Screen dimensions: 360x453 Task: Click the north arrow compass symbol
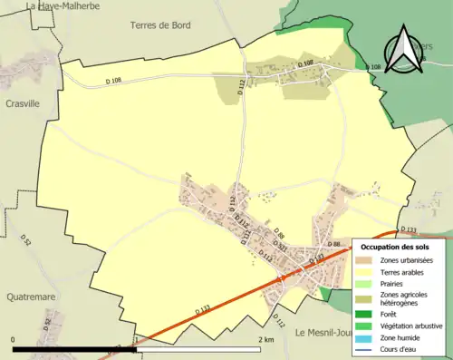pyautogui.click(x=400, y=50)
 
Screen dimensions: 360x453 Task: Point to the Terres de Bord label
pyautogui.click(x=160, y=25)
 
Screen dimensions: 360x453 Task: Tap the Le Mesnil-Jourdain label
pyautogui.click(x=326, y=332)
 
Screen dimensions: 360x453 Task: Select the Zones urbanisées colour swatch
pyautogui.click(x=367, y=260)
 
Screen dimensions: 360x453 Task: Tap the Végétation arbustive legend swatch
pyautogui.click(x=367, y=326)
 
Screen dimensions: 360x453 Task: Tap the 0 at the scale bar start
pyautogui.click(x=14, y=338)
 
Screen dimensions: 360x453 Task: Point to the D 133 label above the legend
pyautogui.click(x=406, y=229)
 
